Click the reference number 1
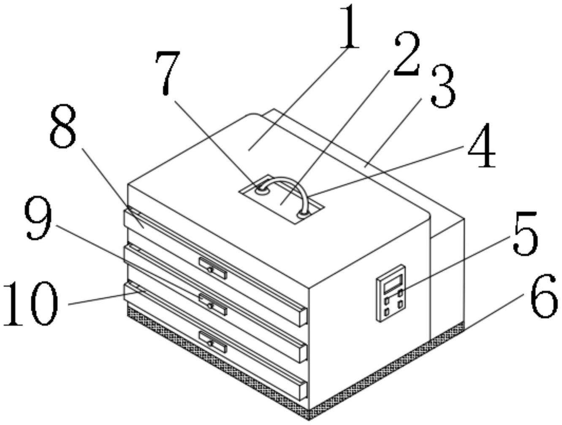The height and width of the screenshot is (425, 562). click(349, 27)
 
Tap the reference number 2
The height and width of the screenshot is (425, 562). click(407, 54)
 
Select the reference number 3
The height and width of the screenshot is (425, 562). click(443, 86)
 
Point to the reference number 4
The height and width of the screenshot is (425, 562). click(482, 145)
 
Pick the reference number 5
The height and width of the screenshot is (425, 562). click(525, 233)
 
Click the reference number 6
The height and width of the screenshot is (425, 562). click(544, 296)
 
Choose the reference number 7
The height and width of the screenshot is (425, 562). click(168, 73)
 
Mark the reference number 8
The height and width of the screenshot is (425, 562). click(63, 126)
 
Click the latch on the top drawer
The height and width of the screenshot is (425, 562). click(213, 269)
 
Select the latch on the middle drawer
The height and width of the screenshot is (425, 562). click(213, 305)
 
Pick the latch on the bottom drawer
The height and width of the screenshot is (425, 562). click(213, 342)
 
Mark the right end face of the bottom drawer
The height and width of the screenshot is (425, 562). click(303, 390)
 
